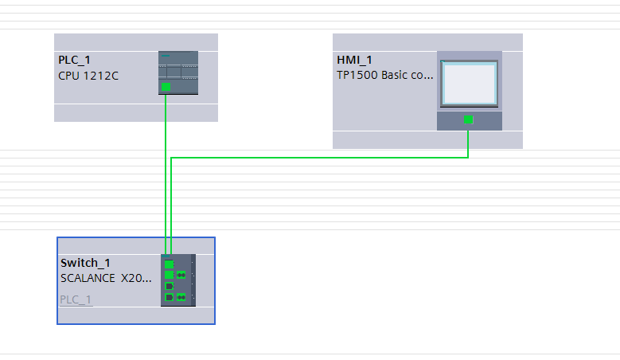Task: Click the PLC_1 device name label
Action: coord(74,61)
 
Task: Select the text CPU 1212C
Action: coord(89,76)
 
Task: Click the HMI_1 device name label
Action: coord(355,61)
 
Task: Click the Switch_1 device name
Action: coord(85,264)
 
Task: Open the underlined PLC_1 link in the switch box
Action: coord(76,299)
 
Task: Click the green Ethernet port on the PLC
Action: coord(166,86)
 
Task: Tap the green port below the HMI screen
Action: coord(468,119)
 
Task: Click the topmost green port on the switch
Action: coord(169,264)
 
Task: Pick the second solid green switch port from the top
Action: coord(169,275)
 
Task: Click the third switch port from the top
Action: coord(169,286)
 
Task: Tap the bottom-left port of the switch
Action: coord(169,297)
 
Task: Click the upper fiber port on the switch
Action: coord(181,275)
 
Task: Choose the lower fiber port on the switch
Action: coord(181,297)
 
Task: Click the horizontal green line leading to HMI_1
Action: coord(318,158)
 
